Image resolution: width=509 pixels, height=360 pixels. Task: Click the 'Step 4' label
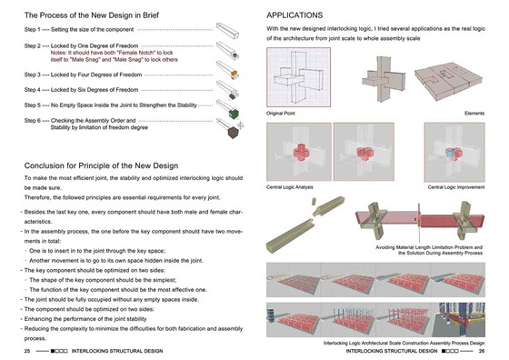pyautogui.click(x=35, y=90)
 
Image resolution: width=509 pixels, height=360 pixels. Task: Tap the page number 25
pyautogui.click(x=28, y=350)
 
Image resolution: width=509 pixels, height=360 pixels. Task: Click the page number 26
pyautogui.click(x=483, y=350)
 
